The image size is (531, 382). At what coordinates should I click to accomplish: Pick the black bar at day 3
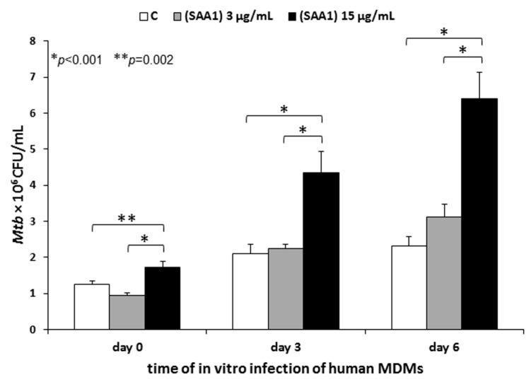tap(322, 250)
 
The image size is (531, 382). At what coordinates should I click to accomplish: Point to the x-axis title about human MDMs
tap(269, 369)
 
